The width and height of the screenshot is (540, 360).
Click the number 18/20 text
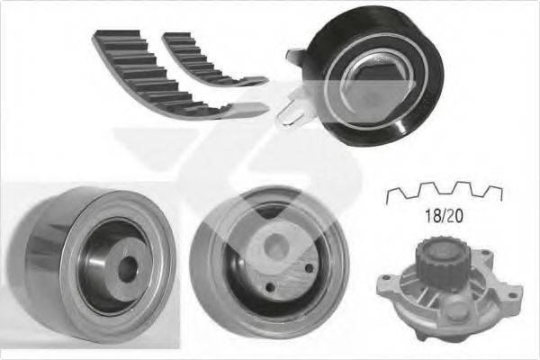tap(444, 216)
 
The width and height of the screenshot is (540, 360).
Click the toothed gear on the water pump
tap(436, 255)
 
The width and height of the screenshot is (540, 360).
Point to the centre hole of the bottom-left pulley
tap(128, 269)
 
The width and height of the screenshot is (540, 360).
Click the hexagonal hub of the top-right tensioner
tap(373, 82)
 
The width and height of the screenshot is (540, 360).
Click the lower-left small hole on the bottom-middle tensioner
tap(271, 287)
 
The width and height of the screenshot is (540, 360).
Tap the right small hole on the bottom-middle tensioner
tap(309, 268)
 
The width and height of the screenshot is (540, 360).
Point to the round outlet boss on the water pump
tap(454, 310)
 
